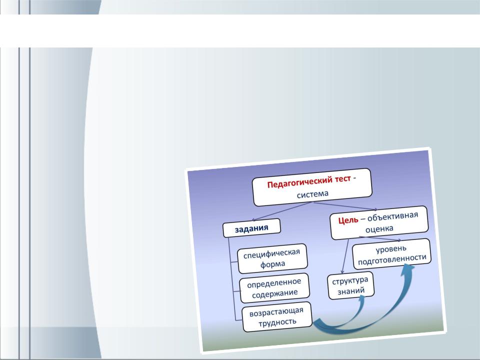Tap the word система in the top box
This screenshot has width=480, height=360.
click(312, 194)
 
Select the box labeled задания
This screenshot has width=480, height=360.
click(251, 228)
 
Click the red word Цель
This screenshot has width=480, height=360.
click(348, 220)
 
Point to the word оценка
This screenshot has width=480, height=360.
click(379, 228)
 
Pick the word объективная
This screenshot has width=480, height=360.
click(392, 216)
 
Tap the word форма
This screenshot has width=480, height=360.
click(273, 264)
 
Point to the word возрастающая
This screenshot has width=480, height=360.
click(276, 312)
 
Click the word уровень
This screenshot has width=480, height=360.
click(391, 249)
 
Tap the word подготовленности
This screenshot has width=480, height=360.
click(392, 259)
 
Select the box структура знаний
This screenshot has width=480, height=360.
click(351, 285)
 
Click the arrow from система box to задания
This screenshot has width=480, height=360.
click(281, 211)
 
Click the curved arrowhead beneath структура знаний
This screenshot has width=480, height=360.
click(361, 300)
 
